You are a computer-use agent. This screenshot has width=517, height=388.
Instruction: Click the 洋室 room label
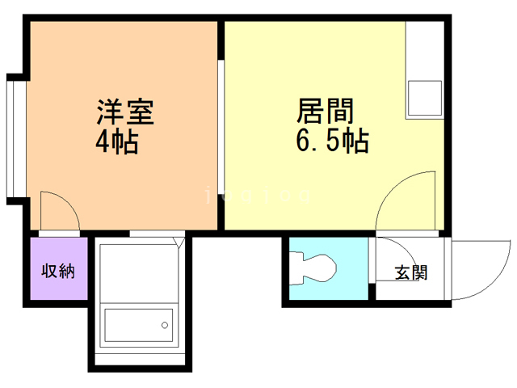tap(125, 110)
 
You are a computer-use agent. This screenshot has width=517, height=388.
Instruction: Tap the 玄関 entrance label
tap(410, 272)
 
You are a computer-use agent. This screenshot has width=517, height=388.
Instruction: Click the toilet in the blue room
tap(317, 267)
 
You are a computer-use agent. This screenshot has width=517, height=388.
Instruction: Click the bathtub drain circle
tap(164, 326)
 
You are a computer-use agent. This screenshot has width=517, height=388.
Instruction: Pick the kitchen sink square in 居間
tap(424, 99)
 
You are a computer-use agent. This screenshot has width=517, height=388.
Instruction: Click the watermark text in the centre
tap(258, 195)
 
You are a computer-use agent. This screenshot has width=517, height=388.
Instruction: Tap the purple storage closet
tap(58, 269)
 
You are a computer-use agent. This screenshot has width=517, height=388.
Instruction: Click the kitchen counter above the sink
tap(424, 48)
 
